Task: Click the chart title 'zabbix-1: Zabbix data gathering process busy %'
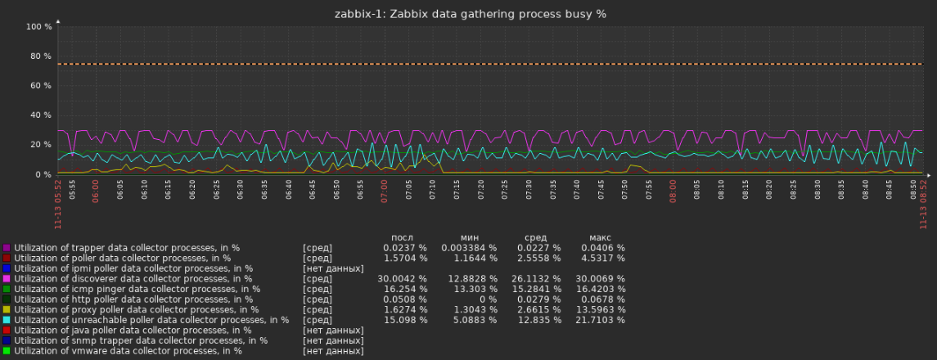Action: point(470,14)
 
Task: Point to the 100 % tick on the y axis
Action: point(38,27)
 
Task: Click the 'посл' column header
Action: point(403,238)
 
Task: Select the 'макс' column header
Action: point(600,238)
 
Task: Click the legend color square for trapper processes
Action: point(7,247)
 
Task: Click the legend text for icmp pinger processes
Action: point(134,289)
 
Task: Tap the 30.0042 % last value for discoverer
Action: point(403,278)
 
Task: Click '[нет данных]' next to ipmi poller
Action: point(333,268)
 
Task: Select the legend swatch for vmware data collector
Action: point(7,351)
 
